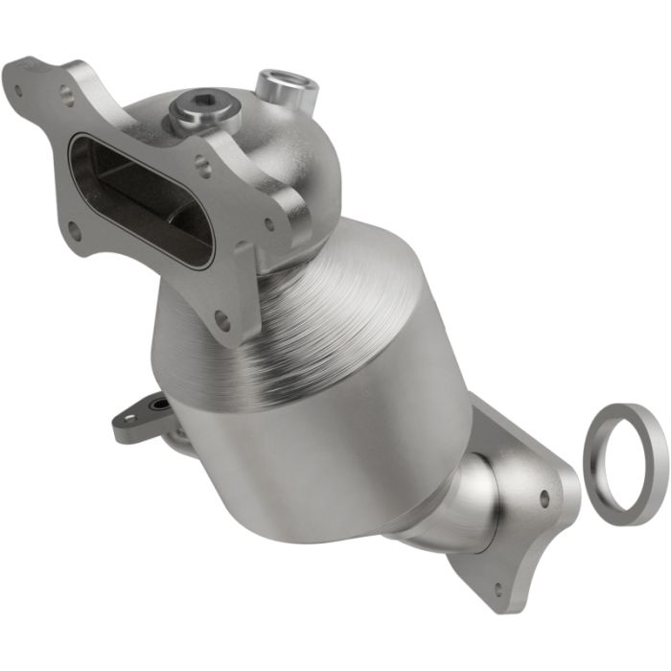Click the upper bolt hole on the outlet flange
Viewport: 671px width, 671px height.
tap(544, 498)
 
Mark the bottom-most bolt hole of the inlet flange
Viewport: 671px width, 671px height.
tap(222, 317)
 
